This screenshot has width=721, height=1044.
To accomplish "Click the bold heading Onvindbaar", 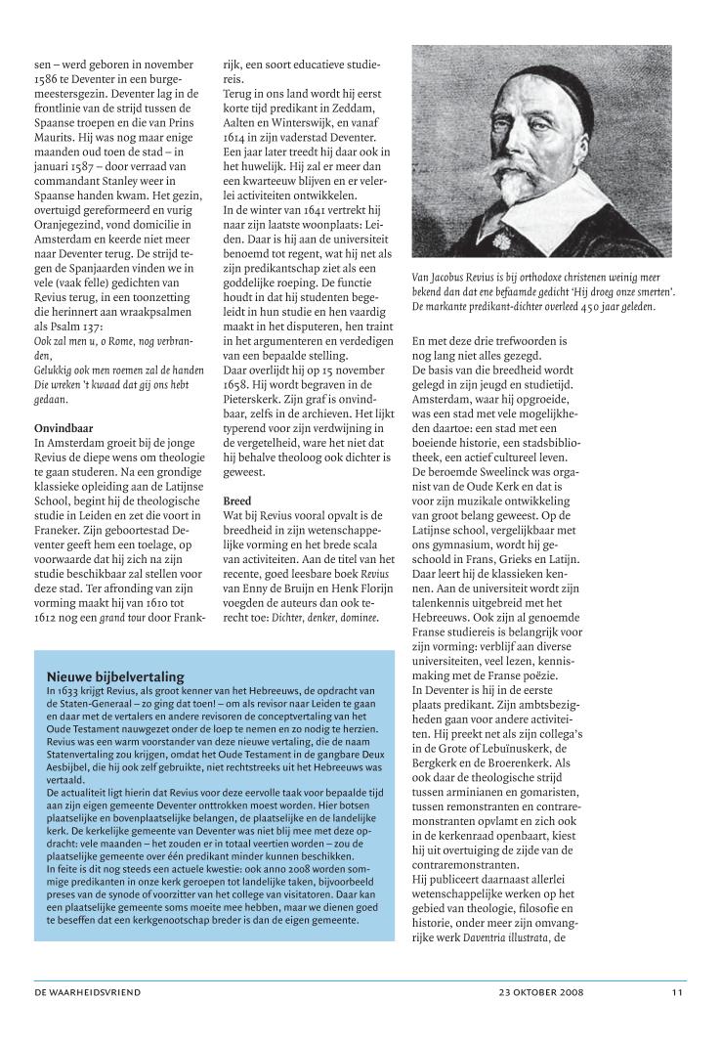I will pos(64,428).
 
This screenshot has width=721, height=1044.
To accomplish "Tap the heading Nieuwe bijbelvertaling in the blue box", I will pos(115,676).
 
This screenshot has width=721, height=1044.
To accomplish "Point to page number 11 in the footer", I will pos(677,992).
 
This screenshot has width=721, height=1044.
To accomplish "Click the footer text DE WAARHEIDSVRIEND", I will pos(87,992).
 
